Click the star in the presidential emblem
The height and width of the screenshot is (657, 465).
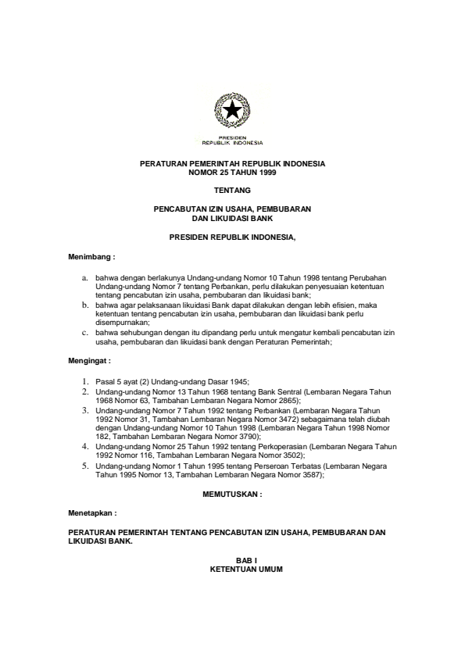(x=232, y=112)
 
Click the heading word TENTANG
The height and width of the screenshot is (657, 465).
(x=232, y=190)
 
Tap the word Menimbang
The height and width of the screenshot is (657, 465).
(x=91, y=255)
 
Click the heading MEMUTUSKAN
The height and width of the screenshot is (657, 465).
(x=232, y=495)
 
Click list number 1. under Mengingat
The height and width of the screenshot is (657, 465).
(x=86, y=380)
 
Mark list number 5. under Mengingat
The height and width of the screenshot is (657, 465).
(x=86, y=465)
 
